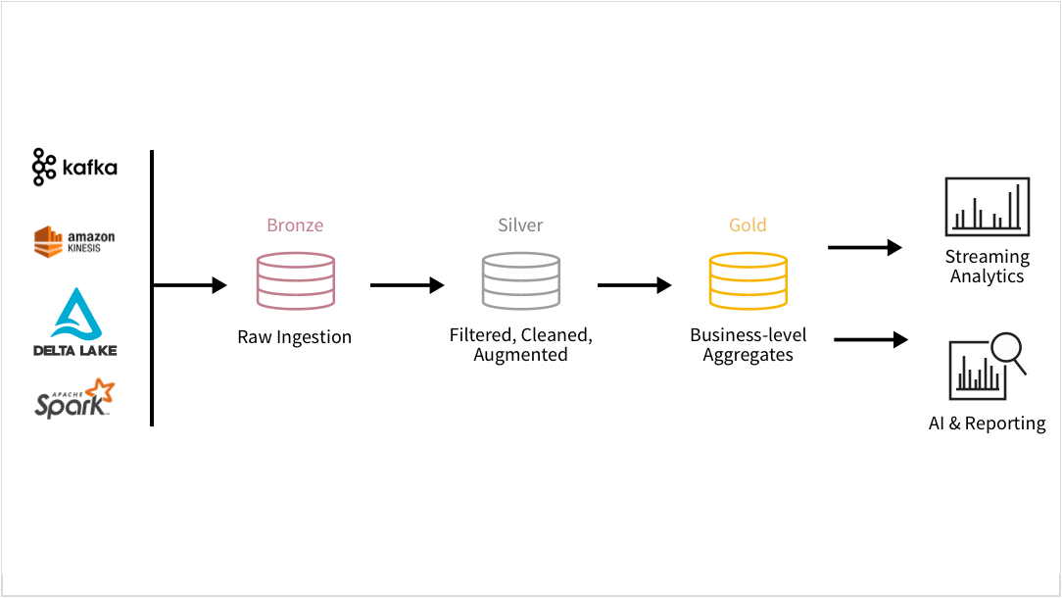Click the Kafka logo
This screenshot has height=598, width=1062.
(74, 168)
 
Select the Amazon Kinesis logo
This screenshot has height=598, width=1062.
(74, 240)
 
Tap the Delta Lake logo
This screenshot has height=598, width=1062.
(75, 322)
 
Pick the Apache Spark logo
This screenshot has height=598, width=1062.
(74, 399)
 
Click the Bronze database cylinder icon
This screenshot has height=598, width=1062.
(295, 280)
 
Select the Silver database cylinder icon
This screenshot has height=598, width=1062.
(520, 280)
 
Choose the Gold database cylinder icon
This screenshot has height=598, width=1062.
(748, 280)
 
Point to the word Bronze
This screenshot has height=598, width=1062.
(295, 225)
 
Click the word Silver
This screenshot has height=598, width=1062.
(520, 225)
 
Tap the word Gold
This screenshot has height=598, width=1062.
(748, 225)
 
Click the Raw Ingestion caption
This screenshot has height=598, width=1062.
(294, 337)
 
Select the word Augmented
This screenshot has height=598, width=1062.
(520, 355)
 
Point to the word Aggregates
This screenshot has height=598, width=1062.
(748, 355)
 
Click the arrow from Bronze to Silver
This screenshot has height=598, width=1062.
(407, 285)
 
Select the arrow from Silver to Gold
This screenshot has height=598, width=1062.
(634, 285)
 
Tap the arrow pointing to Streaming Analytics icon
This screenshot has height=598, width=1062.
(864, 248)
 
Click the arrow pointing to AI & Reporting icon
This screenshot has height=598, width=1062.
(871, 339)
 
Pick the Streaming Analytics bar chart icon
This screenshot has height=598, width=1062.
(987, 207)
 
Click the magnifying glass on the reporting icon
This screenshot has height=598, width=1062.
(1007, 352)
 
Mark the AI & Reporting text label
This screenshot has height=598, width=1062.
(987, 424)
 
